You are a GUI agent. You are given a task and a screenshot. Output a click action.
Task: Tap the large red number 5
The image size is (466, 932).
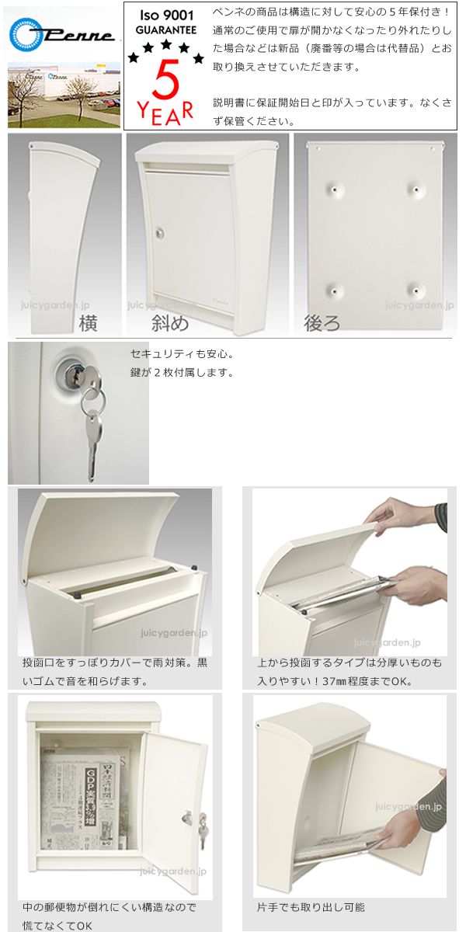coord(165,79)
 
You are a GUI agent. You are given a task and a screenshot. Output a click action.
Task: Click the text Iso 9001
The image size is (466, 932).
coord(166,16)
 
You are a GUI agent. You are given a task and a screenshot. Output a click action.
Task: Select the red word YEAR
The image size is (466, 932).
coord(165,113)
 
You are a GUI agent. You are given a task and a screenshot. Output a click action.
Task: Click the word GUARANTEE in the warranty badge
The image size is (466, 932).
coord(166,30)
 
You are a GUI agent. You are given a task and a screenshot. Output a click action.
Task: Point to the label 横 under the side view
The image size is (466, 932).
coord(89,323)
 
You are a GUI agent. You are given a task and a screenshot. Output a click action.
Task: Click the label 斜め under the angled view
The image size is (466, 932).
coord(170,323)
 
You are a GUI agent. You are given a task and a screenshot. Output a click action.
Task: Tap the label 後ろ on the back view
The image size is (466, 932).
coord(322,323)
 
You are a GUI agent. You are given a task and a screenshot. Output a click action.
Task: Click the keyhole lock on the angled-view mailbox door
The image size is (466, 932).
coord(159,234)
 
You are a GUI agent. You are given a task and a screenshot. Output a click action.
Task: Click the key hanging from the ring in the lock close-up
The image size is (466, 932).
coord(92,445)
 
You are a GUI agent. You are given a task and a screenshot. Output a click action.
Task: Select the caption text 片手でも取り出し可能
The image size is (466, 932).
coord(311,906)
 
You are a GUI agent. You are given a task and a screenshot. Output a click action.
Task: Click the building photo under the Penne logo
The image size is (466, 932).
coord(64,95)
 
